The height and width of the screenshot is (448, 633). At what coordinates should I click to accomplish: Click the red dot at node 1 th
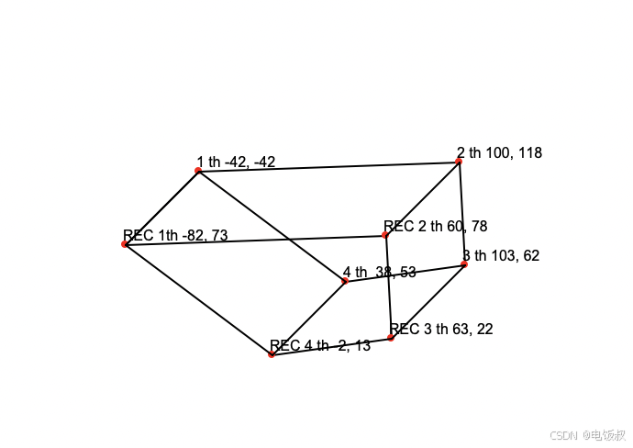tap(198, 170)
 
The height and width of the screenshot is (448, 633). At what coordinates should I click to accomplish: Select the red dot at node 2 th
tap(459, 162)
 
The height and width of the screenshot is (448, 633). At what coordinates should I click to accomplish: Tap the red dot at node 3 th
tap(464, 264)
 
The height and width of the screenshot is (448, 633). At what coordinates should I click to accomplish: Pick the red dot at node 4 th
tap(345, 281)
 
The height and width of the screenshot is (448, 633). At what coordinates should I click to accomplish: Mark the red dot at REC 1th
tap(124, 244)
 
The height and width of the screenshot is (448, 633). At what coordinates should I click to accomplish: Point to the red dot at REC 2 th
tap(385, 236)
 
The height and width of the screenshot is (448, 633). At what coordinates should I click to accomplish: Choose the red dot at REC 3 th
tap(391, 338)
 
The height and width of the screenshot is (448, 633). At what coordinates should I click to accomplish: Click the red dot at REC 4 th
tap(271, 354)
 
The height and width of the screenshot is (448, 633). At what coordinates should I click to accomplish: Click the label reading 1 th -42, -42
tap(236, 162)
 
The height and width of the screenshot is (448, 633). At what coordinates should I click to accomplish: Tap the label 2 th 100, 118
tap(499, 152)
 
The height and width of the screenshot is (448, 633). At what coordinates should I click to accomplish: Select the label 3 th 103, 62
tap(501, 255)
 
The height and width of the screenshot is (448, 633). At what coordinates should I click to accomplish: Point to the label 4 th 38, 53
tap(380, 273)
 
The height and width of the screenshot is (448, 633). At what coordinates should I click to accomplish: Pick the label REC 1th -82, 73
tap(175, 236)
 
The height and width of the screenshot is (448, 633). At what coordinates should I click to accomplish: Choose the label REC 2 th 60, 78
tap(436, 226)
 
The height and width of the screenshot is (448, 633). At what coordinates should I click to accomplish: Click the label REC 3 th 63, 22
tap(441, 329)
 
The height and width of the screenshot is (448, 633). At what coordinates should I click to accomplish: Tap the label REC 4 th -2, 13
tap(320, 346)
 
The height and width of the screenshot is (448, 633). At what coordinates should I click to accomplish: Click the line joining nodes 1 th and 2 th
tap(328, 166)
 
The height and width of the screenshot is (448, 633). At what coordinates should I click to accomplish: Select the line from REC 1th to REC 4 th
tap(197, 299)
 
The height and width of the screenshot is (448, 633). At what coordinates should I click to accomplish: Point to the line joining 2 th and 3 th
tap(461, 213)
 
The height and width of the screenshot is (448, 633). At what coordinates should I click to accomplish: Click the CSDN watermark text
tap(587, 434)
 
